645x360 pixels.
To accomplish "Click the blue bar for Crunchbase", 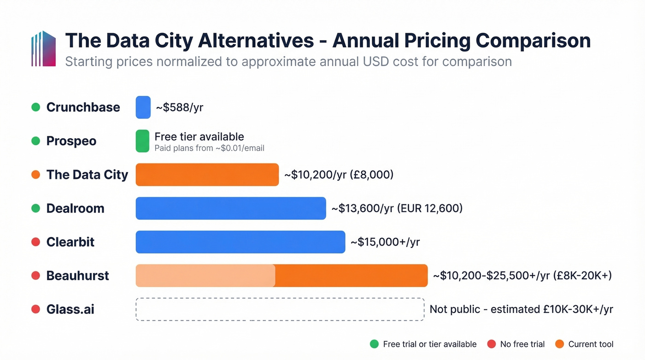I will [x=143, y=107].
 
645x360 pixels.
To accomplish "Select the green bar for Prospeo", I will [x=143, y=141].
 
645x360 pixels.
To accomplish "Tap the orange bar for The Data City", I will [x=207, y=175].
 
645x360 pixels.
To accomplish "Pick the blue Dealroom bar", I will [x=231, y=208].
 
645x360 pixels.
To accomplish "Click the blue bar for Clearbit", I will [x=240, y=242].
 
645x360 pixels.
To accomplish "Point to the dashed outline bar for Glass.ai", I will [x=280, y=309].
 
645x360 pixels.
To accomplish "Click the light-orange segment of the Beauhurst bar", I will [x=205, y=276].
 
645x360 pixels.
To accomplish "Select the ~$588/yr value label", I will [x=180, y=107].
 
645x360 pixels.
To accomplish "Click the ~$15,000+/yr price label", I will [x=385, y=242].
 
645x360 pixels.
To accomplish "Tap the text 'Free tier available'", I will [x=199, y=136].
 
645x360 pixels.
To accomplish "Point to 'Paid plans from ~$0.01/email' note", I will [x=209, y=148].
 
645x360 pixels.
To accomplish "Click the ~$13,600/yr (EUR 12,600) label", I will [x=397, y=208].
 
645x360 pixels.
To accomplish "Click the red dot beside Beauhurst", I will [x=35, y=276].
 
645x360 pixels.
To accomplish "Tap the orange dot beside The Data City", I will [x=35, y=175].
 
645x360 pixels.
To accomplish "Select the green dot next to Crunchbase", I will [x=35, y=107].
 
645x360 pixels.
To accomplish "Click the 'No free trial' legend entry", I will [x=516, y=344].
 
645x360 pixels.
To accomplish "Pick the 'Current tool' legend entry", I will [x=585, y=344].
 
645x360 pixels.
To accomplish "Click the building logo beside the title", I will [x=43, y=49].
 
